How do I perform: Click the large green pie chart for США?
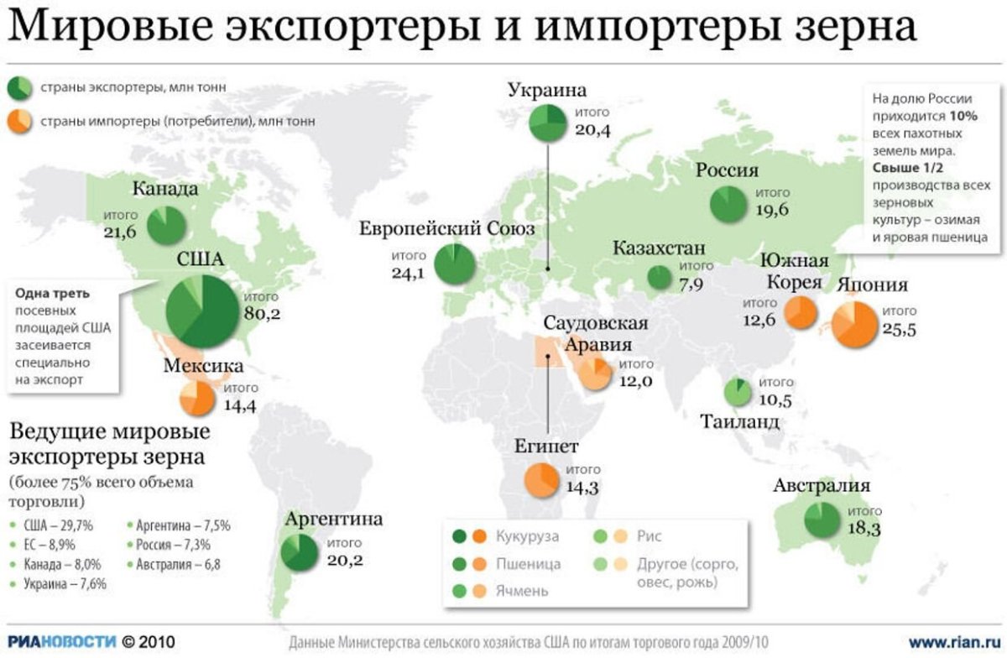pyautogui.click(x=201, y=311)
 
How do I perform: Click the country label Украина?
pyautogui.click(x=546, y=91)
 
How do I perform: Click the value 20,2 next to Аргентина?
pyautogui.click(x=345, y=559)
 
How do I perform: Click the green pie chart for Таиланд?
pyautogui.click(x=738, y=392)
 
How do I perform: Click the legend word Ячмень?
pyautogui.click(x=521, y=590)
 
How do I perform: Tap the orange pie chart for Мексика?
pyautogui.click(x=198, y=399)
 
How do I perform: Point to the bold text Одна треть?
pyautogui.click(x=51, y=294)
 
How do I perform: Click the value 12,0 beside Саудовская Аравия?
pyautogui.click(x=636, y=380)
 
